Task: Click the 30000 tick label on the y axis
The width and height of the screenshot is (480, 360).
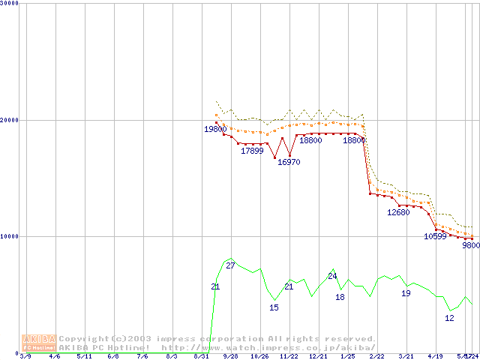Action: pos(10,3)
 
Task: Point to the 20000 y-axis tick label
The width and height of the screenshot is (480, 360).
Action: pos(10,119)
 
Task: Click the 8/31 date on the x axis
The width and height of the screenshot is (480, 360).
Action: pos(201,356)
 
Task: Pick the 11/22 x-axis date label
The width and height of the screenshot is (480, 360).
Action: pos(289,356)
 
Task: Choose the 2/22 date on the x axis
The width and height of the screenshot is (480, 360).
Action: pos(376,356)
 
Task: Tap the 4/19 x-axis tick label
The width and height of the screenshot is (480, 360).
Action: pos(435,356)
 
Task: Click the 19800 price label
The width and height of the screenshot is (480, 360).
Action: pos(215,129)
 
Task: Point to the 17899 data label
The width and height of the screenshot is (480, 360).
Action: pos(252,151)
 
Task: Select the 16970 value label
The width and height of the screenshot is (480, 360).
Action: pos(289,162)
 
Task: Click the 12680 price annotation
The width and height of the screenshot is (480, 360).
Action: pos(398,212)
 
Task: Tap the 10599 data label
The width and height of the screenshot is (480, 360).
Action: pos(435,236)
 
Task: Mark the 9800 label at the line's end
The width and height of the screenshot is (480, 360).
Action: pos(470,245)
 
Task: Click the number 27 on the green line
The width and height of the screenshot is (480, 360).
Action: pos(230,266)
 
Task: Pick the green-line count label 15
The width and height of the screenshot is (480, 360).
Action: pos(274,307)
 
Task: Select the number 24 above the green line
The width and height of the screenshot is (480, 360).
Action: pos(332,276)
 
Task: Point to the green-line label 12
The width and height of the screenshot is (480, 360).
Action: pos(449,318)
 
